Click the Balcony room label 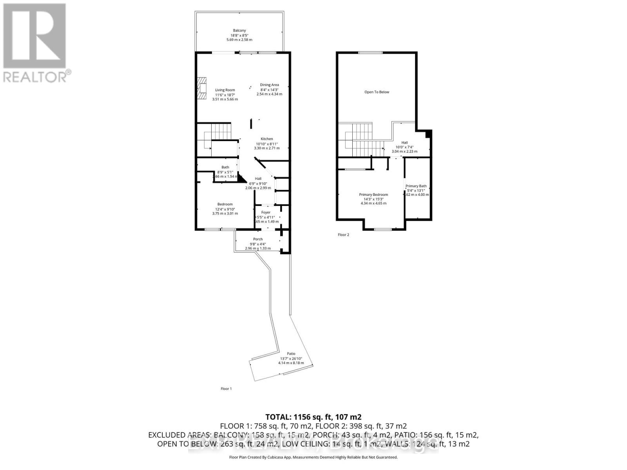click(x=239, y=31)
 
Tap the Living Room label click(x=225, y=90)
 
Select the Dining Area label click(x=269, y=85)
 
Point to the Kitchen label click(x=267, y=139)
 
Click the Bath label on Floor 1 click(x=225, y=167)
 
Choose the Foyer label click(x=266, y=213)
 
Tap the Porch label click(x=258, y=239)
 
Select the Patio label click(x=291, y=354)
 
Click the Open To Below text click(x=377, y=92)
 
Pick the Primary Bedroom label click(x=373, y=195)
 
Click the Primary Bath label click(x=416, y=186)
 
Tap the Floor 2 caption click(x=343, y=235)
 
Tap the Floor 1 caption click(x=226, y=389)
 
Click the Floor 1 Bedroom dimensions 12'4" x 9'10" click(x=225, y=209)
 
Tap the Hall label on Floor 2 click(x=404, y=143)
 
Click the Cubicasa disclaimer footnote click(x=313, y=457)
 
